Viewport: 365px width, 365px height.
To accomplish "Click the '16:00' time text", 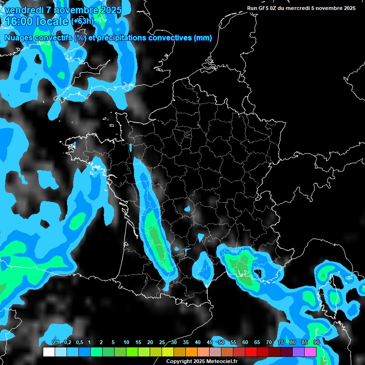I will click(x=19, y=21).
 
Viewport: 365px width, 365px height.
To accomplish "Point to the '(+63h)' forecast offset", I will click(x=82, y=21).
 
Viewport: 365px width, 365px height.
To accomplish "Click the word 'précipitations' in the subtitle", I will click(x=121, y=38).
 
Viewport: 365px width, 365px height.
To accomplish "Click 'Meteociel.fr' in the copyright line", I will click(x=221, y=361).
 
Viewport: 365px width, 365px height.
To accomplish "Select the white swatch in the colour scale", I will click(x=48, y=352).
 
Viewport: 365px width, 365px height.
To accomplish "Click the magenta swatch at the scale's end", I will click(x=310, y=352).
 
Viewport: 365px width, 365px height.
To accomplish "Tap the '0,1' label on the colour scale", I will click(x=56, y=343).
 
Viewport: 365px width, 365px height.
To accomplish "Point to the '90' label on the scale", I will click(x=316, y=343).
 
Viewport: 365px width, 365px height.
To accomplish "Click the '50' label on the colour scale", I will click(x=221, y=343).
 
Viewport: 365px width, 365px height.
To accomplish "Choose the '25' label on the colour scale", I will click(x=162, y=343).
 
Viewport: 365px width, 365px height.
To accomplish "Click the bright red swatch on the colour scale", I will click(x=251, y=352).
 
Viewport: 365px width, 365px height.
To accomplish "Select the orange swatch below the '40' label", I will click(x=192, y=352).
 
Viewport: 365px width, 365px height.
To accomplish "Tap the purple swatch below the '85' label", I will click(x=298, y=352).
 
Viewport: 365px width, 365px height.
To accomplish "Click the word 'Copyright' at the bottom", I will click(x=177, y=361).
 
